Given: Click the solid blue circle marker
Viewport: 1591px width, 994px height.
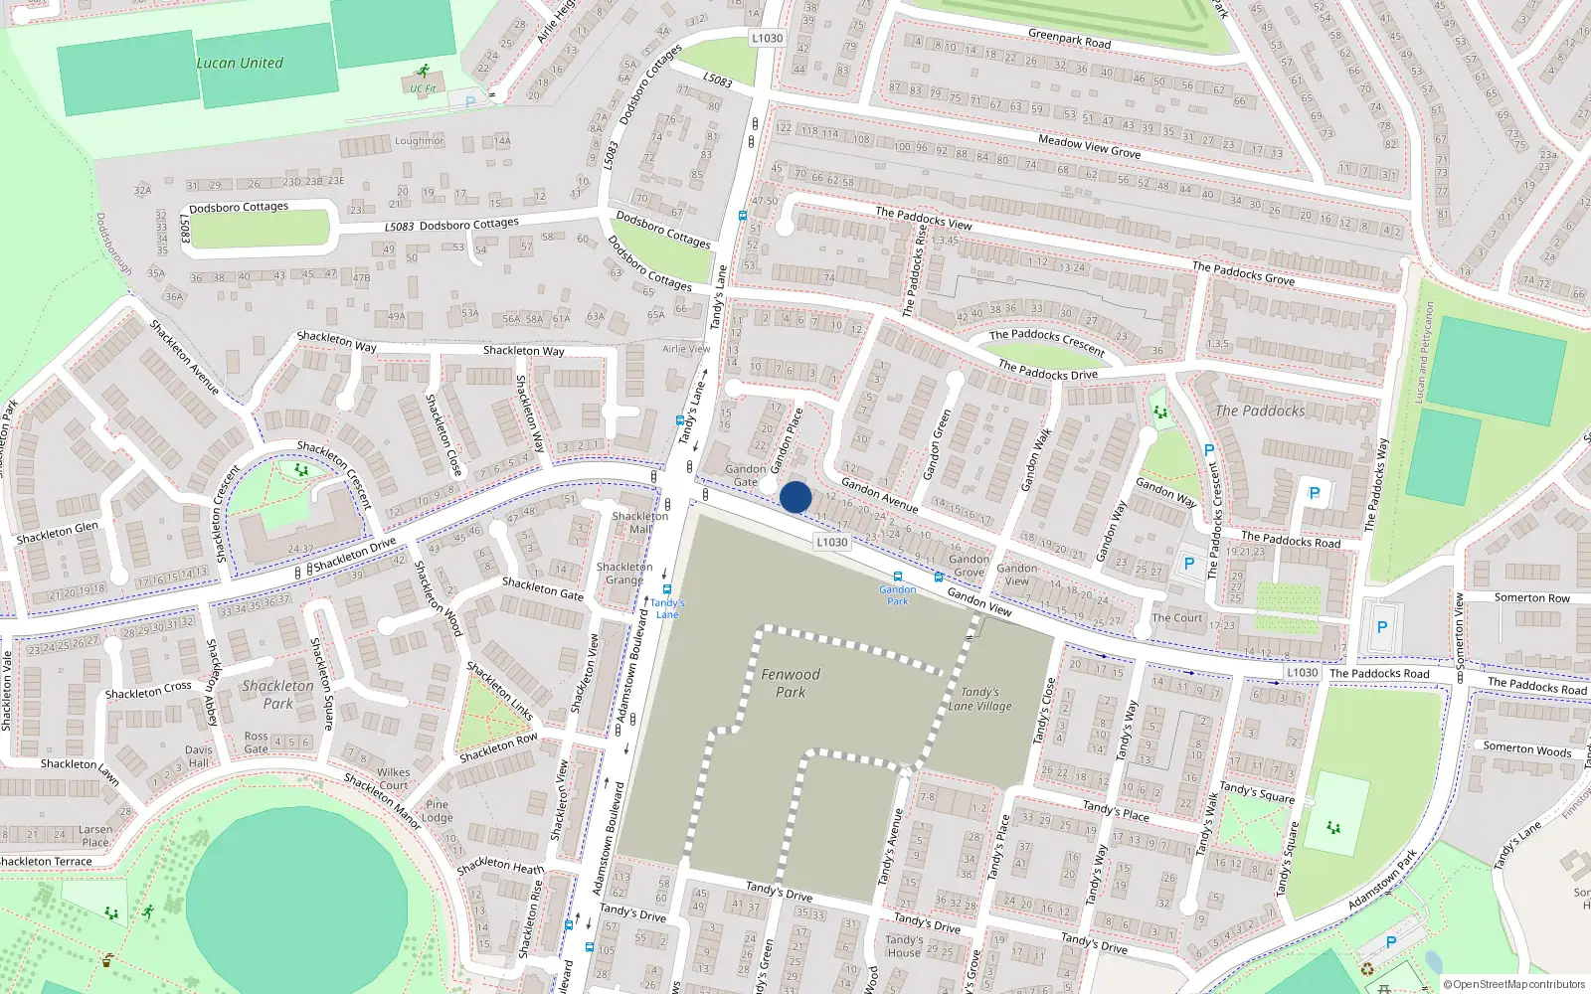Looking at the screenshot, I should pyautogui.click(x=795, y=497).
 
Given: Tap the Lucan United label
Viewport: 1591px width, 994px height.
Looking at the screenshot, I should pyautogui.click(x=240, y=63).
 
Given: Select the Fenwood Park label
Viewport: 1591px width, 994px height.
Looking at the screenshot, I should pyautogui.click(x=791, y=683).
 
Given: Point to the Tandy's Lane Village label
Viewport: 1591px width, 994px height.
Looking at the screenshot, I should pyautogui.click(x=979, y=699).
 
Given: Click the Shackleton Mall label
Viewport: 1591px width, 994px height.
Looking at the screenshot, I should pyautogui.click(x=640, y=522).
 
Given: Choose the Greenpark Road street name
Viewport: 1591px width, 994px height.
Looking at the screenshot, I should pyautogui.click(x=1069, y=39).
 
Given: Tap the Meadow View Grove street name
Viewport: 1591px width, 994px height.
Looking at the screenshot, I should pyautogui.click(x=1089, y=146).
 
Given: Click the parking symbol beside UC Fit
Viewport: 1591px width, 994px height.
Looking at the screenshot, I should pyautogui.click(x=469, y=101).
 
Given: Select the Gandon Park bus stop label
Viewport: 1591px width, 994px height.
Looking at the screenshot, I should pyautogui.click(x=897, y=594).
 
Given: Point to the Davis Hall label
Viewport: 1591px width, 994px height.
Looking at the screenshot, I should pyautogui.click(x=199, y=756).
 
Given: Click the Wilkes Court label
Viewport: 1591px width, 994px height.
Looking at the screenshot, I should pyautogui.click(x=393, y=778).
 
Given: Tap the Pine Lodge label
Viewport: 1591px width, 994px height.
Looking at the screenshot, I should pyautogui.click(x=438, y=811).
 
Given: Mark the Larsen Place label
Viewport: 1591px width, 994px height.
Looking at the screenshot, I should pyautogui.click(x=95, y=835).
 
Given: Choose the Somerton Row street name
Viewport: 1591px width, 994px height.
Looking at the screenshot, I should pyautogui.click(x=1531, y=597).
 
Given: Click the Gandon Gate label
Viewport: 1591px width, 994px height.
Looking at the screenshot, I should pyautogui.click(x=745, y=475).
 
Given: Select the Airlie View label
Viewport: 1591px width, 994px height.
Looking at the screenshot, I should pyautogui.click(x=686, y=349).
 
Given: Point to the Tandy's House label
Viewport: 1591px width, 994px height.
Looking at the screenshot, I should pyautogui.click(x=904, y=945).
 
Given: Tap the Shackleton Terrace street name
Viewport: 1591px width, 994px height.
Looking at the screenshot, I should pyautogui.click(x=46, y=862).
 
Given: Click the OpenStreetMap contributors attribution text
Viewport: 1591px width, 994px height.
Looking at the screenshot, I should pyautogui.click(x=1514, y=984).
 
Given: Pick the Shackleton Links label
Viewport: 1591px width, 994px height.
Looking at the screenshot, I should pyautogui.click(x=500, y=691).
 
